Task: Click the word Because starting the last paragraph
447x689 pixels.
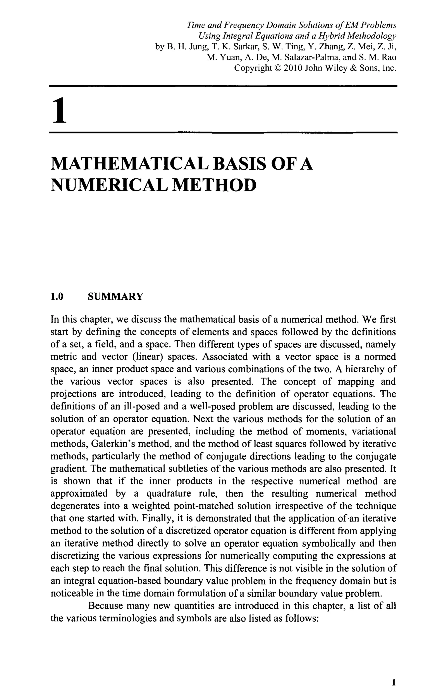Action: [106, 606]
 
